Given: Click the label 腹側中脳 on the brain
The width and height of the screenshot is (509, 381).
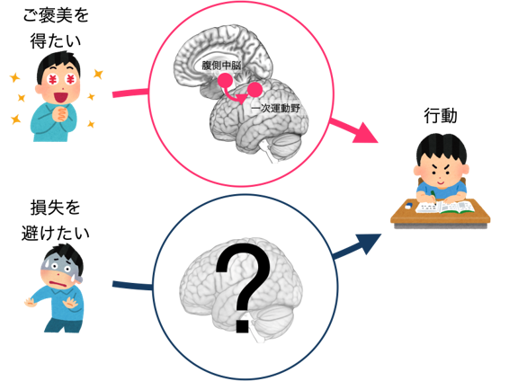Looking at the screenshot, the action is [x=221, y=66].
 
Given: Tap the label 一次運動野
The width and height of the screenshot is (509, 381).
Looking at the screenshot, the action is [x=276, y=108].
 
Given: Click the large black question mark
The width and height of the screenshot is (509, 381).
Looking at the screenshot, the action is [x=243, y=288].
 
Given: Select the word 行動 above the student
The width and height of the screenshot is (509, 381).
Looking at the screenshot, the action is [x=441, y=116].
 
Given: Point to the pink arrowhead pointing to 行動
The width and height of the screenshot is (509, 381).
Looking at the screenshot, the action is [x=366, y=132].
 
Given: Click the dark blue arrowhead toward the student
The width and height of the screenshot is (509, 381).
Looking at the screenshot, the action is [x=369, y=243].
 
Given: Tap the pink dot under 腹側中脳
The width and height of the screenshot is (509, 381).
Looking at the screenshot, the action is [x=225, y=80].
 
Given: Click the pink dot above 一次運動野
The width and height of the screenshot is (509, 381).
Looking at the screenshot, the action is [x=254, y=90].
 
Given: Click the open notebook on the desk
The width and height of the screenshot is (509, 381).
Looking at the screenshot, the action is [x=445, y=207].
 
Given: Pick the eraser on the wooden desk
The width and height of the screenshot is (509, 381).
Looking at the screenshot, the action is [x=408, y=205].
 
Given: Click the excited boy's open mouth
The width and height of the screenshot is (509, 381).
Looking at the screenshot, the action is [x=59, y=97].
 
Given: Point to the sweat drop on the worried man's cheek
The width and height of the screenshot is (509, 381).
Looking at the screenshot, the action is [x=77, y=278].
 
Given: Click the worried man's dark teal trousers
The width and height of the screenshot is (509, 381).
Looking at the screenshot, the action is [x=63, y=325].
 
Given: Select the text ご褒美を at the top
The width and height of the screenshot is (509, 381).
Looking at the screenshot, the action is [x=56, y=15].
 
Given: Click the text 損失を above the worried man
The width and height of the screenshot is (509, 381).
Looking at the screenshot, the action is [x=56, y=208].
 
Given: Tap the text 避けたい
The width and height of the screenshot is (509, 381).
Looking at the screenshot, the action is [x=56, y=233].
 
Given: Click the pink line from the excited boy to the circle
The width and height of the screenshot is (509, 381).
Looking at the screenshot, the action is [x=130, y=93].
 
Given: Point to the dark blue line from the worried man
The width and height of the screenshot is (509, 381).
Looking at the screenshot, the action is [x=132, y=286].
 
